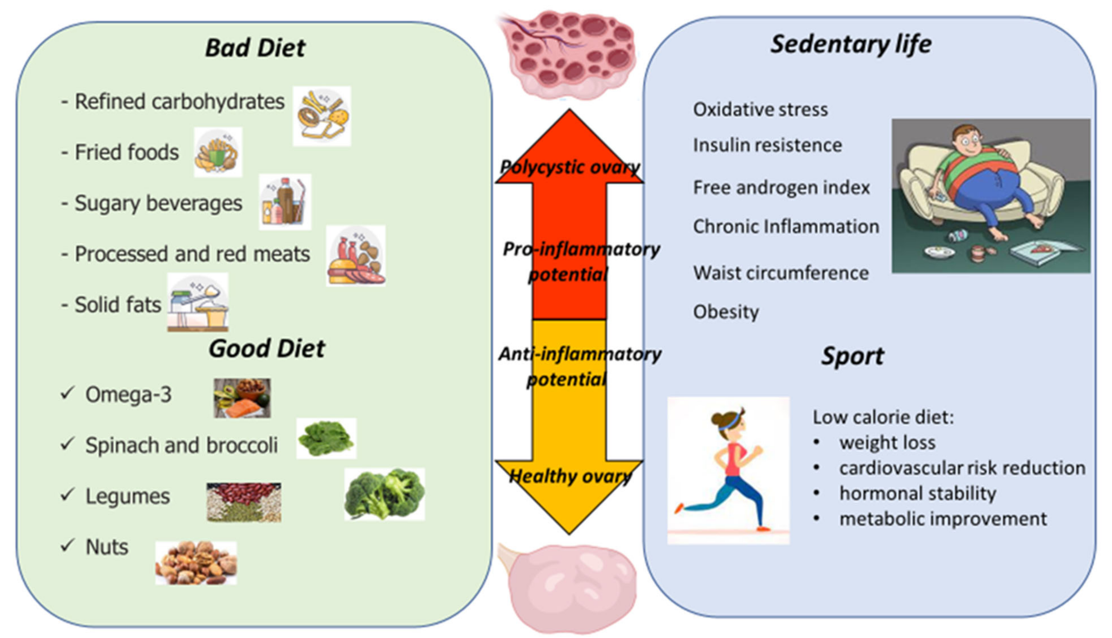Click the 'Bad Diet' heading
[255, 48]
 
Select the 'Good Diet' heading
[267, 349]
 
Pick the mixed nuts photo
[196, 563]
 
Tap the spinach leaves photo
[326, 438]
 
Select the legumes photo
[244, 502]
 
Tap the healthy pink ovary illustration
[570, 587]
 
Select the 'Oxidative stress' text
[760, 109]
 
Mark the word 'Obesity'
[726, 312]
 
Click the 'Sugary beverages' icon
[285, 202]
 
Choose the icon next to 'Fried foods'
[218, 152]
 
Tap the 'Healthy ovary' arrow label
[570, 476]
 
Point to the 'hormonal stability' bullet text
[918, 494]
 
